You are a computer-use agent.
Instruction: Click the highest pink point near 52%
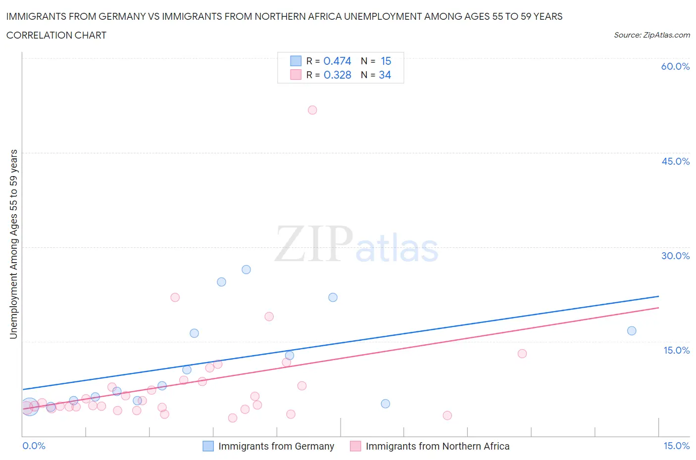(x=312, y=110)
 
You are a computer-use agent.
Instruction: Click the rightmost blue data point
(x=632, y=331)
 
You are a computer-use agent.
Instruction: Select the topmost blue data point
(x=246, y=270)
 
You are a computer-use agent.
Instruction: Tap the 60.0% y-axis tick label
(x=675, y=67)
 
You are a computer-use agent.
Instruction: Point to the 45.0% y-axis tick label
(x=675, y=161)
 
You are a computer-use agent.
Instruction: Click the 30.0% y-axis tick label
(x=675, y=256)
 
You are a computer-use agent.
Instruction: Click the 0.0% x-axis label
(x=34, y=446)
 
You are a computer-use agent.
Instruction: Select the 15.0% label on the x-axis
(x=676, y=446)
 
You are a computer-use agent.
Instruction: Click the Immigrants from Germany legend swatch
(x=208, y=446)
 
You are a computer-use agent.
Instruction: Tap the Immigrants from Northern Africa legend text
(x=437, y=446)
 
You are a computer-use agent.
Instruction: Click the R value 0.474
(x=337, y=61)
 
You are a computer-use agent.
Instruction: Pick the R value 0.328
(x=337, y=75)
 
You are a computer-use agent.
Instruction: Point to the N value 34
(x=385, y=75)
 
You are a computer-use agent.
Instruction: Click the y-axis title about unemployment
(x=14, y=244)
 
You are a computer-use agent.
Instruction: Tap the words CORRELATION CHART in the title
(x=56, y=35)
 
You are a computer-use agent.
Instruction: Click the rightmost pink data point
(x=522, y=354)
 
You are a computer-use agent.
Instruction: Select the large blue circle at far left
(x=29, y=407)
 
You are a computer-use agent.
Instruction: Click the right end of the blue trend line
(x=658, y=296)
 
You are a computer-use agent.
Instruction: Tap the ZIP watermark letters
(x=314, y=244)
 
